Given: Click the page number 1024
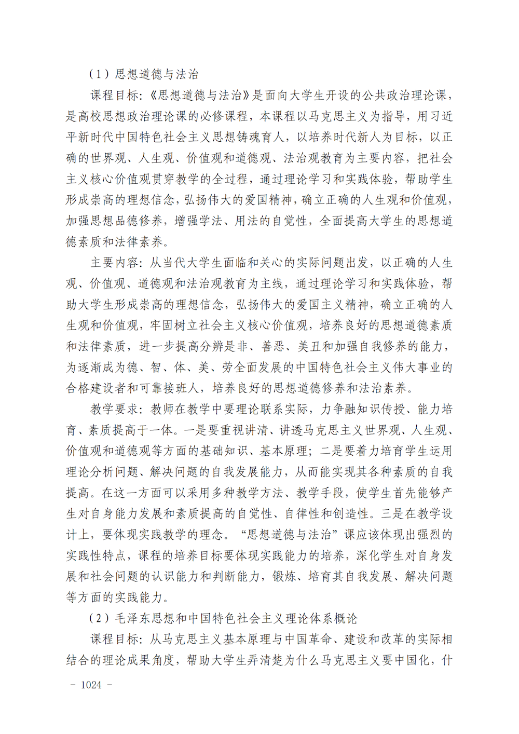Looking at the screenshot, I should pos(91,685).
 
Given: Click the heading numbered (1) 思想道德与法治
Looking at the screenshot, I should pos(144,74).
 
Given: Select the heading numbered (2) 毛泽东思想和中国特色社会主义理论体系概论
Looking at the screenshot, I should pos(223,618).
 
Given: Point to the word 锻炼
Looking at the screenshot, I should pos(284,576).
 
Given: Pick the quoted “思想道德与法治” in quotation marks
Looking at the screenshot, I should pos(290,535).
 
